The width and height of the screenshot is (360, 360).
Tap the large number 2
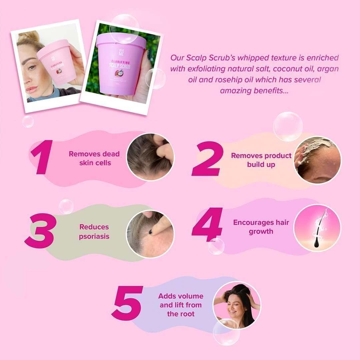click(x=207, y=159)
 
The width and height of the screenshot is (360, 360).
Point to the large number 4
click(x=207, y=224)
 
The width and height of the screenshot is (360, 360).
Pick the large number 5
click(x=127, y=303)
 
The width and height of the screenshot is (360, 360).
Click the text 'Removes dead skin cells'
click(x=94, y=158)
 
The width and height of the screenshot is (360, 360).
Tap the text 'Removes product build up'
click(x=261, y=160)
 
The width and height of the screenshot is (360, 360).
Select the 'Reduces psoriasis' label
click(x=94, y=232)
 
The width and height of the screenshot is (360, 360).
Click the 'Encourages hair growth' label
click(x=261, y=227)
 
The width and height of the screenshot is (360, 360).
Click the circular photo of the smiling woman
click(x=237, y=305)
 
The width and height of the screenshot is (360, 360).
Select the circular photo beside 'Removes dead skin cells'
click(x=150, y=157)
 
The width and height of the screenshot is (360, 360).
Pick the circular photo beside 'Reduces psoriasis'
click(x=150, y=234)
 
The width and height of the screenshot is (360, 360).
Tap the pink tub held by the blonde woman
click(x=57, y=65)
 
